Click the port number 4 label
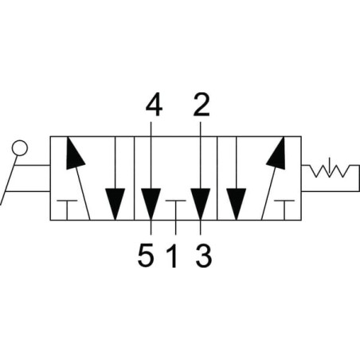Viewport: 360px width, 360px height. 154,104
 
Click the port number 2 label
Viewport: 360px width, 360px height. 202,104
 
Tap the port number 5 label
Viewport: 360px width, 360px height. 146,256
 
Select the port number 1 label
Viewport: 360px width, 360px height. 172,256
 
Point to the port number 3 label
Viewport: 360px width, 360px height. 204,256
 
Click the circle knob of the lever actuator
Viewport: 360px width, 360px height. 20,148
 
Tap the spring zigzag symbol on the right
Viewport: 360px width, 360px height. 329,171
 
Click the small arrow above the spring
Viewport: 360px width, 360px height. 329,166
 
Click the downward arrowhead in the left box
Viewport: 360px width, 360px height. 115,204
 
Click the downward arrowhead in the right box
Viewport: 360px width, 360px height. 236,204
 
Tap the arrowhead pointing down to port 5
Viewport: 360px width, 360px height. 151,204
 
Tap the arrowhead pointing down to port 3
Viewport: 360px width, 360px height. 201,204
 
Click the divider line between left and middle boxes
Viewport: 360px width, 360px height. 134,178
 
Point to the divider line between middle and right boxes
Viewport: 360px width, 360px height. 217,178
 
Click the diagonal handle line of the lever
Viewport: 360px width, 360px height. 9,180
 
